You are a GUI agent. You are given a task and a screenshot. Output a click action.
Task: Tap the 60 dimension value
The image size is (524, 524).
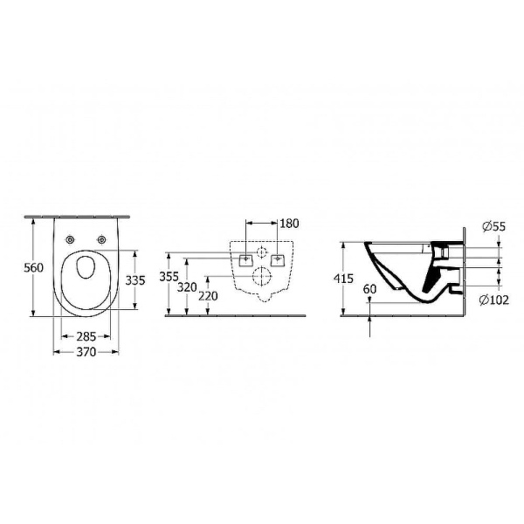pyautogui.click(x=369, y=288)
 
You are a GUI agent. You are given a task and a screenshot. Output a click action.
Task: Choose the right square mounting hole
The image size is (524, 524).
pyautogui.click(x=279, y=259)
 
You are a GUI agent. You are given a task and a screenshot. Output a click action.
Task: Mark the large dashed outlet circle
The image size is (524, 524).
pyautogui.click(x=263, y=278)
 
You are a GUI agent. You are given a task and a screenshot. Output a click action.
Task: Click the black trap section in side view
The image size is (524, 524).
pyautogui.click(x=428, y=278)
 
